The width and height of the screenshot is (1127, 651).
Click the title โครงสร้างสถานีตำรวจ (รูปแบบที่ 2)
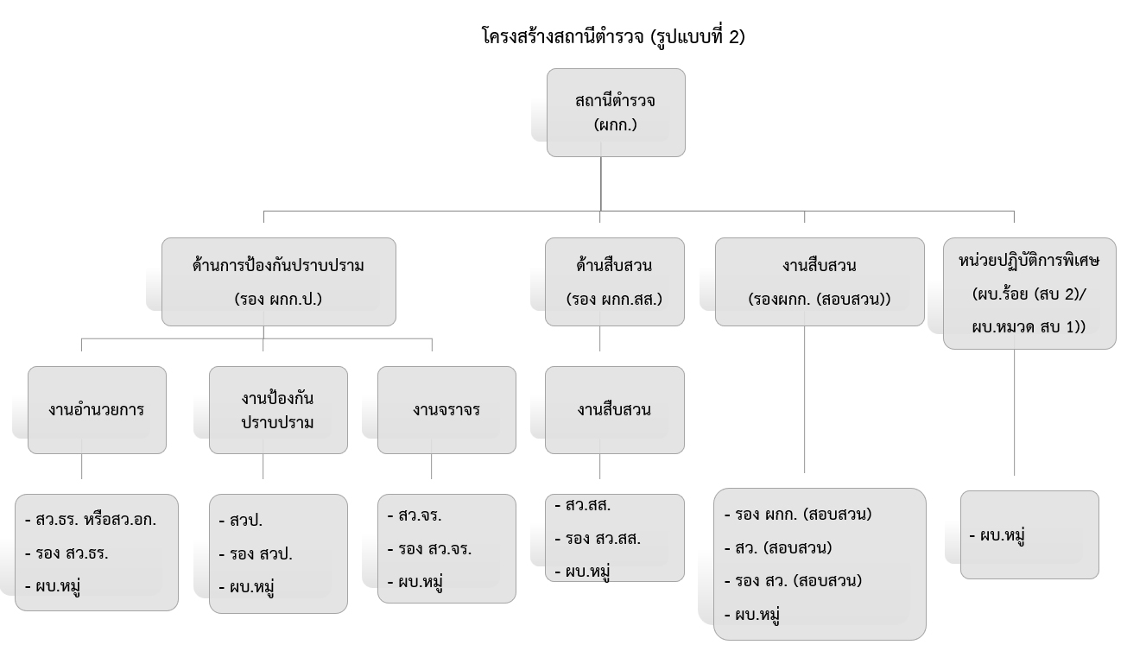[x=612, y=36]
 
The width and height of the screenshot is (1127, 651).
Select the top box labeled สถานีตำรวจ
[x=615, y=112]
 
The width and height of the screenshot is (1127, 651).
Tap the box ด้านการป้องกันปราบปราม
[x=278, y=281]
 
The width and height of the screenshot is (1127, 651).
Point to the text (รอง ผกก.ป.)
[x=278, y=300]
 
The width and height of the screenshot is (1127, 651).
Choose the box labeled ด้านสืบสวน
[x=615, y=281]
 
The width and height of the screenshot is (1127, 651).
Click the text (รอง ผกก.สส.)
[x=615, y=300]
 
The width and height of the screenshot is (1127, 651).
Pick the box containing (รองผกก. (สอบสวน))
[x=819, y=281]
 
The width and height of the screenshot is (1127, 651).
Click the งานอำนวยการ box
[x=97, y=410]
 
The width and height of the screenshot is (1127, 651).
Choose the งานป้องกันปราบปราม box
[x=278, y=410]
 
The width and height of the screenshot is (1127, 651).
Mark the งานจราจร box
[x=446, y=410]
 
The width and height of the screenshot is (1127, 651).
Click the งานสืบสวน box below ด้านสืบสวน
[x=615, y=410]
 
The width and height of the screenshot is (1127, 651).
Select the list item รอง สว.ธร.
[x=72, y=553]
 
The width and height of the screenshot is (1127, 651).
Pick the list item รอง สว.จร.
[x=429, y=549]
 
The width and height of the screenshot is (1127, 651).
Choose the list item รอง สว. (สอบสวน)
[x=793, y=580]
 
